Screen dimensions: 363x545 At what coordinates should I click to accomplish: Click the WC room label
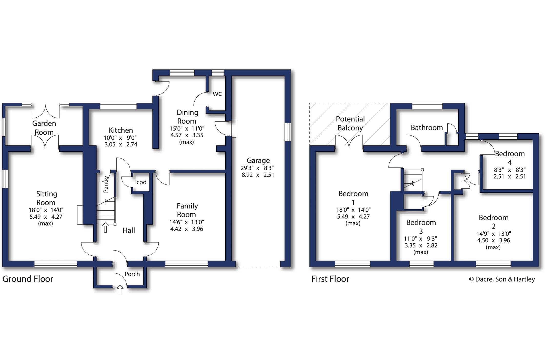(x=217, y=94)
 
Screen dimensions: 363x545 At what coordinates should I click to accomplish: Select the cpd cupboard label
(x=141, y=182)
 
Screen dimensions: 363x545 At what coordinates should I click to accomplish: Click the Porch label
(x=132, y=274)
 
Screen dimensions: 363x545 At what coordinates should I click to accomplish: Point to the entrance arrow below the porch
(x=120, y=290)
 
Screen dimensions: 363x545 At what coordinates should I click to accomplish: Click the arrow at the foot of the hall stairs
(x=105, y=227)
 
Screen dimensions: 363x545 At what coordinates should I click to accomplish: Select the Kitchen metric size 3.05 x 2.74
(x=121, y=144)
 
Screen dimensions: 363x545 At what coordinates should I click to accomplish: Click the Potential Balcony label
(x=350, y=123)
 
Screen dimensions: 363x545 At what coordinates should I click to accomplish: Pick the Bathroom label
(x=427, y=128)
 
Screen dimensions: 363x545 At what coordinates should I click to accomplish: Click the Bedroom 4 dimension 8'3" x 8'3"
(x=509, y=170)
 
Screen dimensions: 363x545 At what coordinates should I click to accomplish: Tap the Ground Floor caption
(x=28, y=279)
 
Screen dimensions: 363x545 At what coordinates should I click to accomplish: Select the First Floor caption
(x=330, y=279)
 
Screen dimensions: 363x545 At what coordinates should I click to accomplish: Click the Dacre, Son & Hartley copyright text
(x=502, y=279)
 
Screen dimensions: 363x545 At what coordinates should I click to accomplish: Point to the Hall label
(x=129, y=230)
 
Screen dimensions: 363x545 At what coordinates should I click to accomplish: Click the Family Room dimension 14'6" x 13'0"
(x=186, y=222)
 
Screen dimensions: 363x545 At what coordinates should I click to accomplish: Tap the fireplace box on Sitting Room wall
(x=80, y=215)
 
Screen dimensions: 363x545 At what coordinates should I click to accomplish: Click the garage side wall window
(x=288, y=132)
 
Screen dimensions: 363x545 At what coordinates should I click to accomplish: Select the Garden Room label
(x=44, y=128)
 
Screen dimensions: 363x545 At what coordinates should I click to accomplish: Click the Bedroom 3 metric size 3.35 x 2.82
(x=421, y=245)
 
